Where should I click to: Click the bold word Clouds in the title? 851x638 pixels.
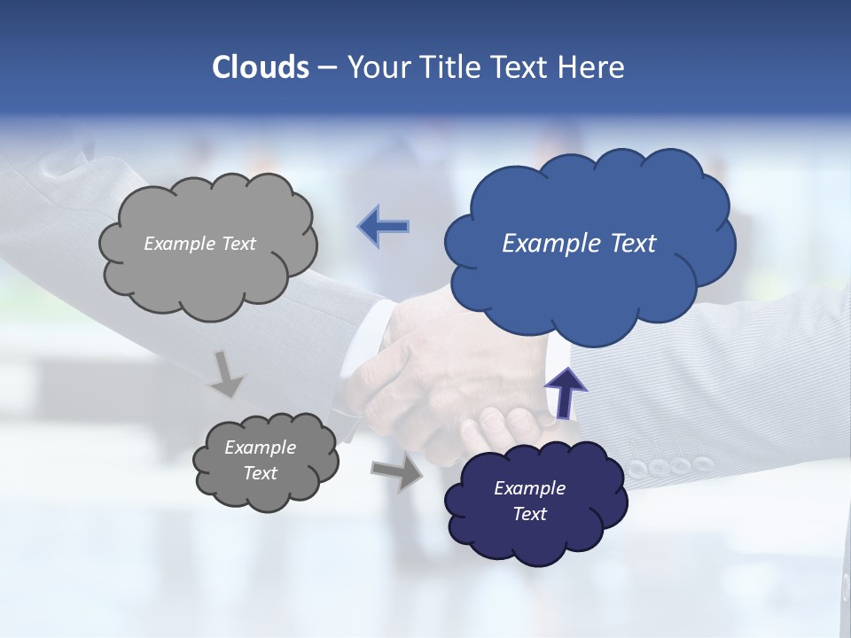[x=260, y=67]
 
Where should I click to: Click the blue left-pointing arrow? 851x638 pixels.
[x=384, y=227]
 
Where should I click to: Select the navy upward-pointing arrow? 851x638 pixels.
[x=565, y=392]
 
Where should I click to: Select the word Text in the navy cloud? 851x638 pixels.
[x=530, y=514]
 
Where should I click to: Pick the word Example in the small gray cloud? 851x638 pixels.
[x=261, y=447]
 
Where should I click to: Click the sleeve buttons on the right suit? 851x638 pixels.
[x=669, y=465]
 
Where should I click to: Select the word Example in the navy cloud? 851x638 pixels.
[x=530, y=488]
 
